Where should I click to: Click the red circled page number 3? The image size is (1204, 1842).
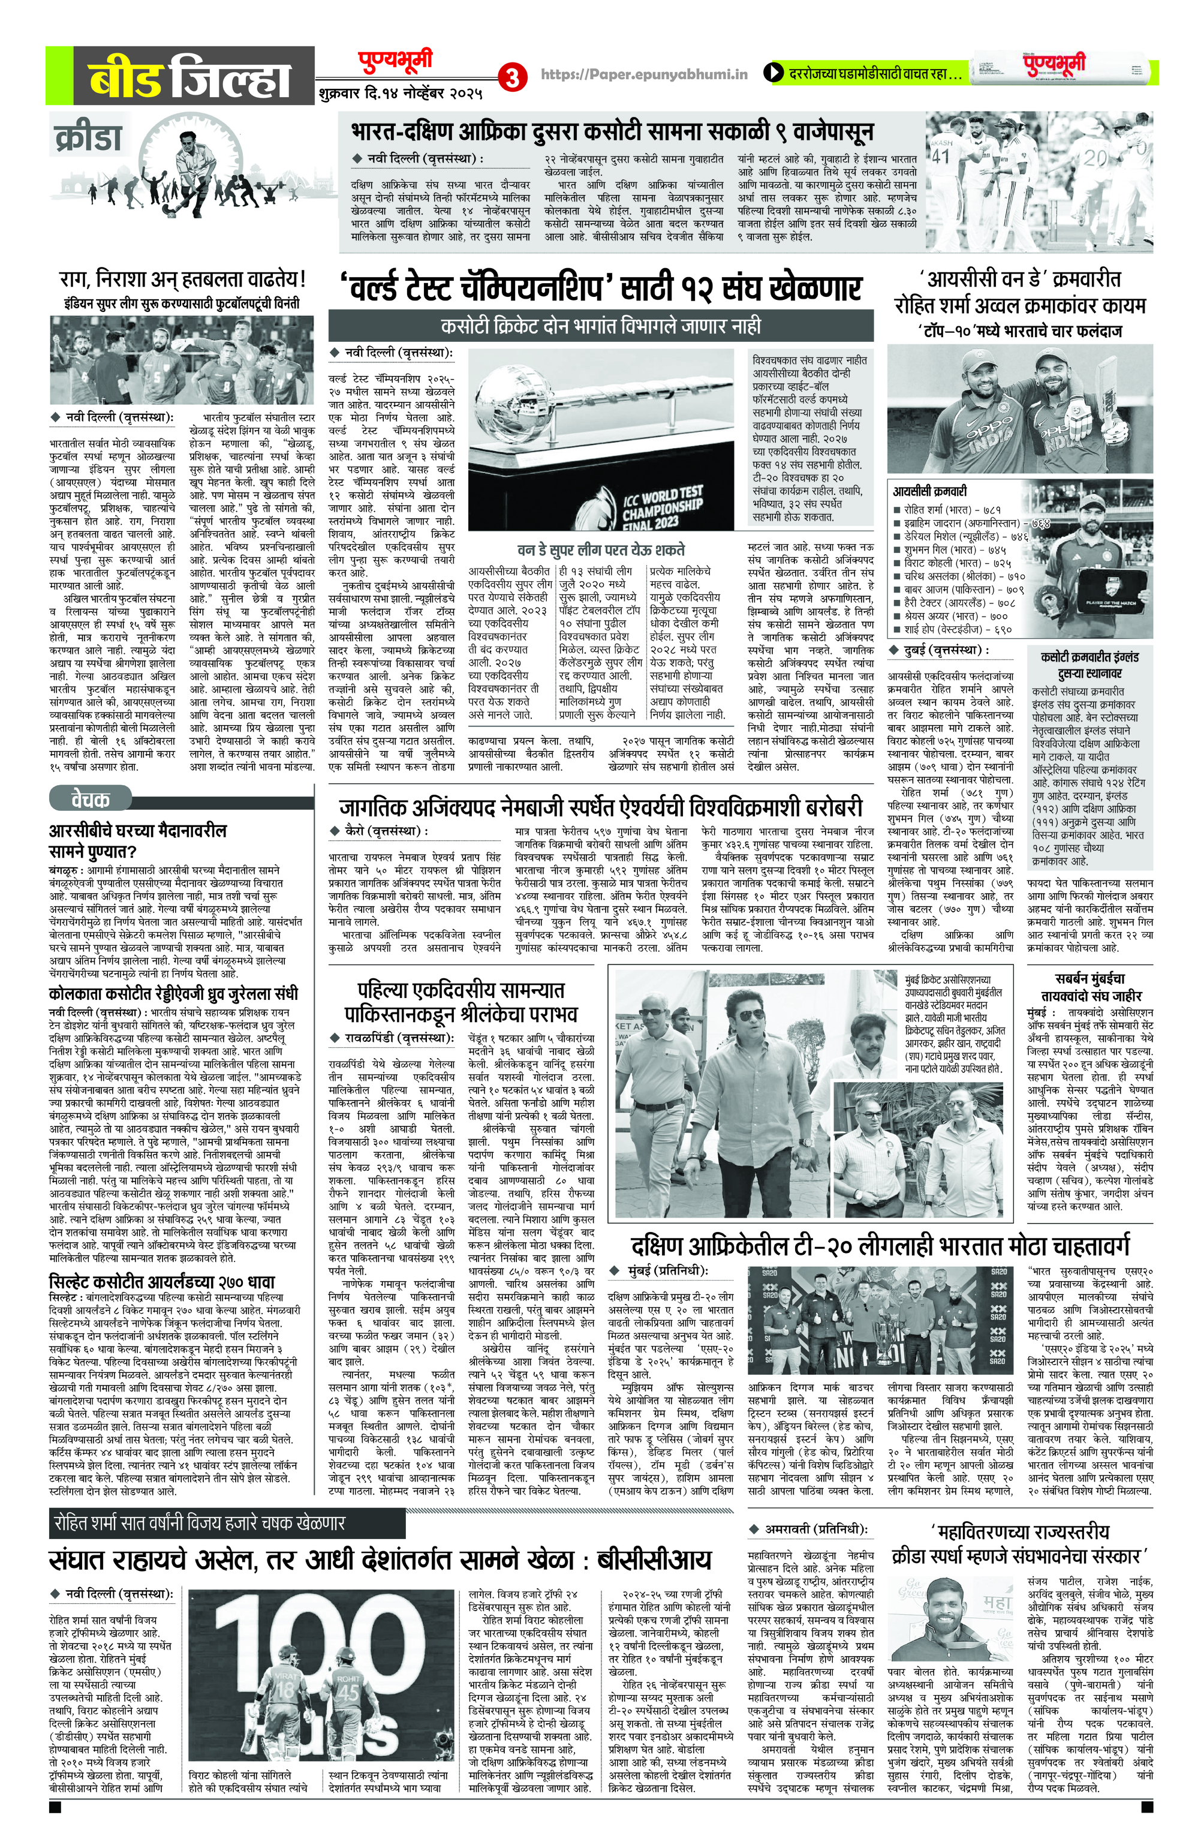[x=512, y=77]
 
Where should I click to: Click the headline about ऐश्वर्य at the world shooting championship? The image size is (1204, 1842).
[x=600, y=808]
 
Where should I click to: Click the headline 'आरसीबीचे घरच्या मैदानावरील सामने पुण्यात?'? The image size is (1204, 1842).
[x=139, y=842]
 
